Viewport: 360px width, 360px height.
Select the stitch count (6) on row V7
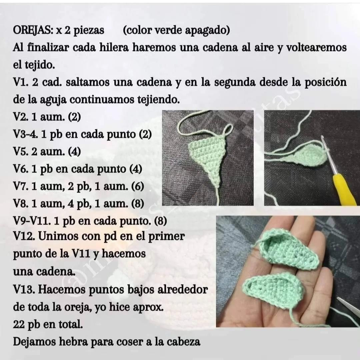(x=137, y=187)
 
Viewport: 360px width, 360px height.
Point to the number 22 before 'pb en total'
(x=18, y=325)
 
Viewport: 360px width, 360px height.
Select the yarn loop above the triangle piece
(x=228, y=130)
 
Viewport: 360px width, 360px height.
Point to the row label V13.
(x=23, y=290)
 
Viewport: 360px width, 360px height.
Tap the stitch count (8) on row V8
(x=137, y=204)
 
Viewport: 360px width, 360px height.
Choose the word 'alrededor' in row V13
(x=183, y=290)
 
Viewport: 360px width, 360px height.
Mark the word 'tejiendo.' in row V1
(x=158, y=100)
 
